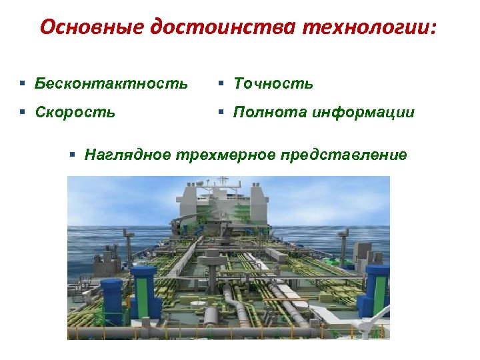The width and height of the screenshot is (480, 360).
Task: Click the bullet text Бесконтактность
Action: click(111, 84)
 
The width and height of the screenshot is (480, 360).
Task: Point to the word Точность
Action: click(273, 84)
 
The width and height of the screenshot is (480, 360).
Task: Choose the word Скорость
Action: click(75, 113)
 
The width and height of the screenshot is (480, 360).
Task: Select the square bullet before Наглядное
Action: click(73, 155)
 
